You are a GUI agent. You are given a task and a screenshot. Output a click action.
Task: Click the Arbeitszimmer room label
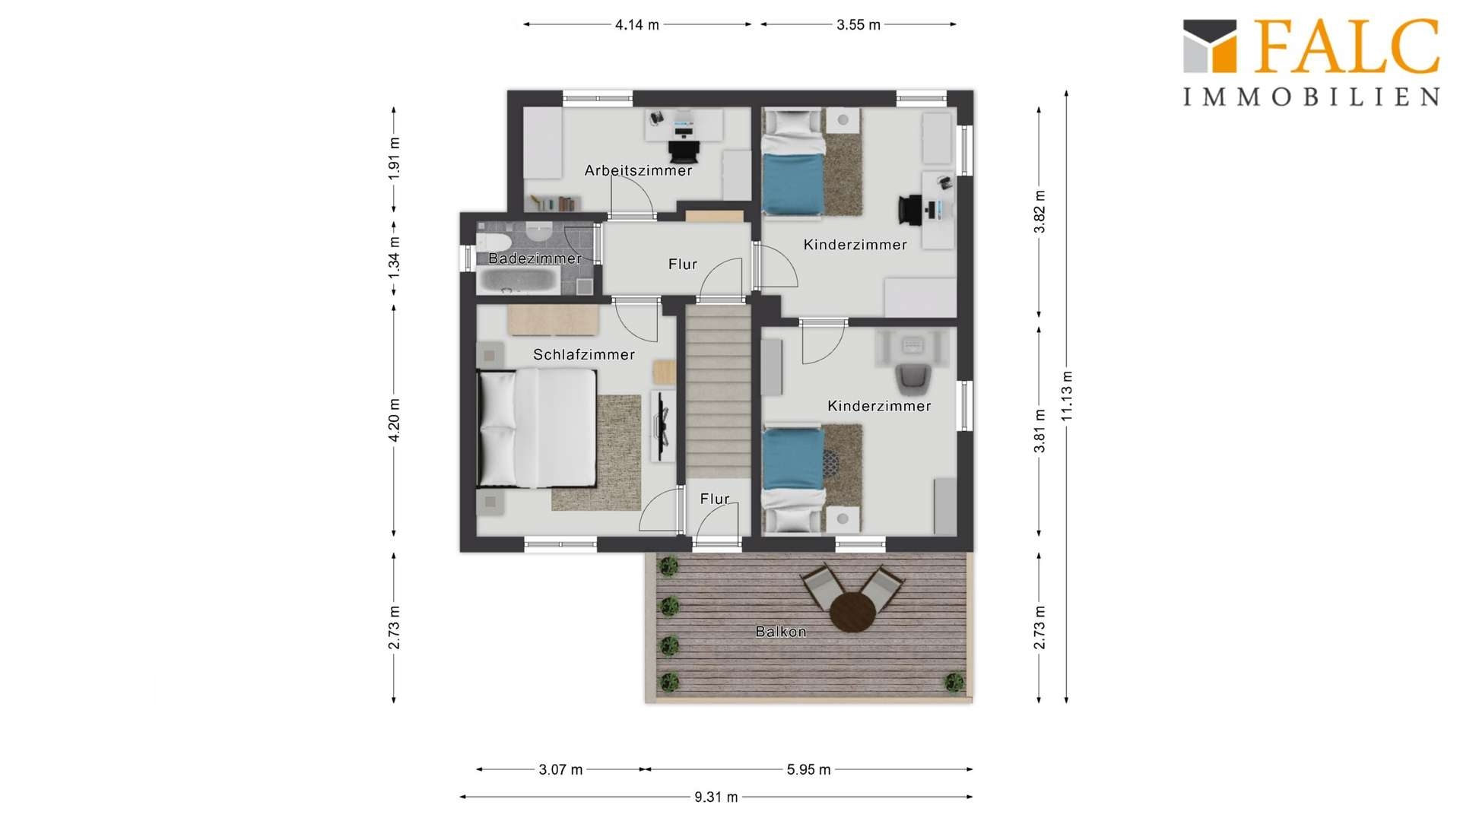(x=638, y=170)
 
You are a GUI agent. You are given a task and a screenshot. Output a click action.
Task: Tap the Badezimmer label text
(x=535, y=258)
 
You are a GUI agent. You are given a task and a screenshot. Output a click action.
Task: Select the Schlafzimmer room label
(x=584, y=354)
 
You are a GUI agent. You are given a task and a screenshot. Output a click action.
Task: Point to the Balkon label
(x=781, y=632)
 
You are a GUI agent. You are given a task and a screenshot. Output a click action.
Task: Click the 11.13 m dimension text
(x=1067, y=396)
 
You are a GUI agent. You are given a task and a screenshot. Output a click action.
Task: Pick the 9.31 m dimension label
(x=716, y=797)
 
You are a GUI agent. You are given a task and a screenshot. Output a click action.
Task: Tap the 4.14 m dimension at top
(x=637, y=24)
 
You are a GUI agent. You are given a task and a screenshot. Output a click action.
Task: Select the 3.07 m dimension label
(x=561, y=769)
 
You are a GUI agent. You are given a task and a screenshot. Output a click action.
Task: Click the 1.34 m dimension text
(x=394, y=257)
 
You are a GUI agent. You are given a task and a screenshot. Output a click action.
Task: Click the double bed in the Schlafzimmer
(x=536, y=428)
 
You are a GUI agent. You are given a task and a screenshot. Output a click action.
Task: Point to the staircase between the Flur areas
(x=719, y=391)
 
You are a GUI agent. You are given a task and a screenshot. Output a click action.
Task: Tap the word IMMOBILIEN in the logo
(x=1311, y=97)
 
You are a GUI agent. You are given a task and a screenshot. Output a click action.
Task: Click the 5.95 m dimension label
(x=808, y=769)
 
